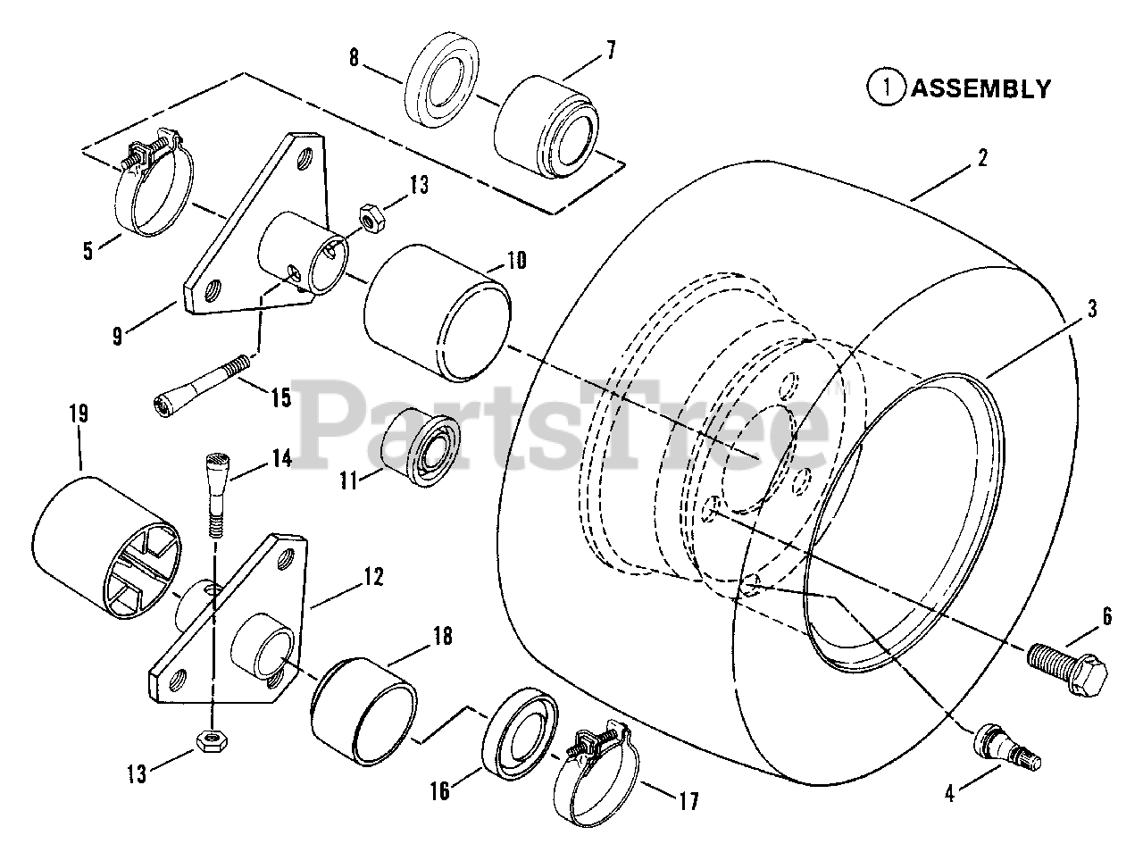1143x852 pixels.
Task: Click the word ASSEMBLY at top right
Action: coord(980,88)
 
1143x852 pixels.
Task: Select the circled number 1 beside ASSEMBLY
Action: coord(885,88)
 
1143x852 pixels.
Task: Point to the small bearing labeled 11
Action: coord(417,446)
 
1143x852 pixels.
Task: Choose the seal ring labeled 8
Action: coord(440,88)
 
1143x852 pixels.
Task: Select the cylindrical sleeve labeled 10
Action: coord(435,309)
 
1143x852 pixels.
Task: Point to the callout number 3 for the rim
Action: coord(1093,309)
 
